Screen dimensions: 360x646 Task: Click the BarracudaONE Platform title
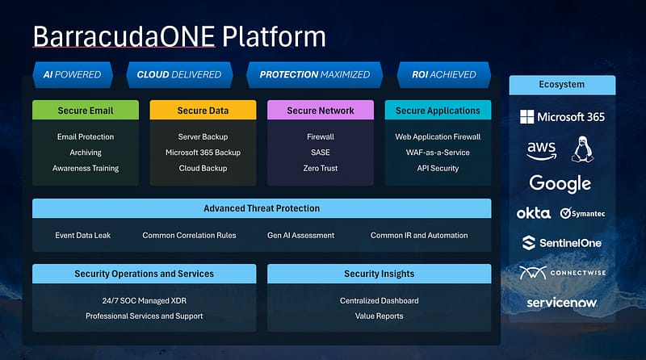click(179, 36)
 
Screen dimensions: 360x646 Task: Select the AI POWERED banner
click(72, 74)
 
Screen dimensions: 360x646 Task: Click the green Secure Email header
click(86, 111)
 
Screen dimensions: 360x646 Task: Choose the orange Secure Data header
click(203, 111)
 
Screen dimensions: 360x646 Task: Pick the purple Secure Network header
click(321, 111)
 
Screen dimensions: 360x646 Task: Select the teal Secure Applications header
click(438, 111)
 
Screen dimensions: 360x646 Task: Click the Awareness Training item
click(86, 168)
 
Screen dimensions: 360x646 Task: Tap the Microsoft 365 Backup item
click(203, 153)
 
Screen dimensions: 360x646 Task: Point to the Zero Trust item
click(321, 168)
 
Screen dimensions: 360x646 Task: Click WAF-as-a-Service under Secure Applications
click(438, 153)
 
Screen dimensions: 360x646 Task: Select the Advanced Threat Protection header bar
click(262, 208)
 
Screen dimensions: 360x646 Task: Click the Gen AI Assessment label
click(300, 236)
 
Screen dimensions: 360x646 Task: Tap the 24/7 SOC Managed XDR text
click(145, 300)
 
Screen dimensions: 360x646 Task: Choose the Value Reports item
click(379, 316)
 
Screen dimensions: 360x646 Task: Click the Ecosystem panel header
click(562, 85)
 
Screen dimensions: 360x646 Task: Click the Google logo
click(560, 183)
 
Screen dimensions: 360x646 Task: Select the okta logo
click(533, 213)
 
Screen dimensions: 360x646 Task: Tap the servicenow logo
click(562, 303)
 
